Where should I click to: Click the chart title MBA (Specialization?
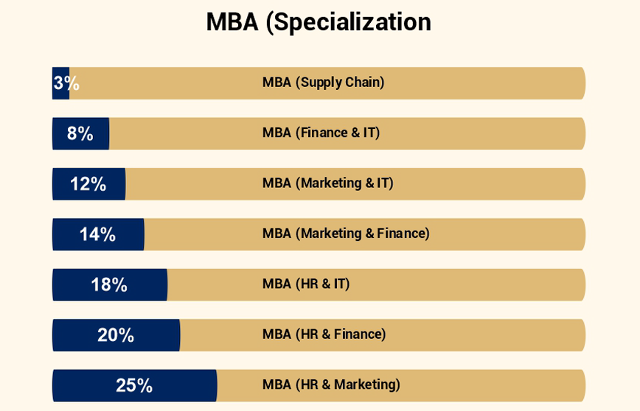coord(319,22)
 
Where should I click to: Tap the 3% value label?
coord(66,83)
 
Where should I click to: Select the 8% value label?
coord(80,133)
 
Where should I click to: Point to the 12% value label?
coord(88,184)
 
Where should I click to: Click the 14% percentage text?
coord(97,234)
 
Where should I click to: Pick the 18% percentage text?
coord(109,284)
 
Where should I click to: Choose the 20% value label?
coord(116,335)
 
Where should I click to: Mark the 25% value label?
coord(134,385)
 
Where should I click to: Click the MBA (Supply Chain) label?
coord(324,82)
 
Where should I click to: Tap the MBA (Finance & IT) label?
coord(321,133)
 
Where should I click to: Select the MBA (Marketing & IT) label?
coord(328,183)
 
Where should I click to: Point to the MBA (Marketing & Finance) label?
coord(346,233)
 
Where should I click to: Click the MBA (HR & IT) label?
coord(306,284)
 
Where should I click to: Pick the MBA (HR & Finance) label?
coord(324,334)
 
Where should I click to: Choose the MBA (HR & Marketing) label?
coord(331,384)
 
